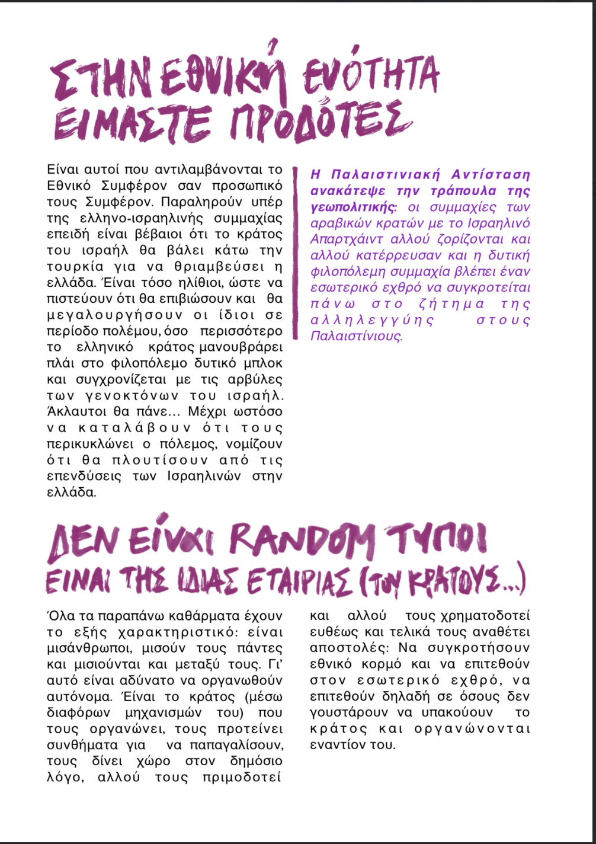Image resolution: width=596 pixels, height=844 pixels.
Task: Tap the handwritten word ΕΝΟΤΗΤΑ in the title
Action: [371, 78]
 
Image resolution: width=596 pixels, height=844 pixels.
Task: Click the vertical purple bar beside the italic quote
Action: [294, 253]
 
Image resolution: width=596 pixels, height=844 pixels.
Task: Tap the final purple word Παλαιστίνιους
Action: [356, 337]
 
